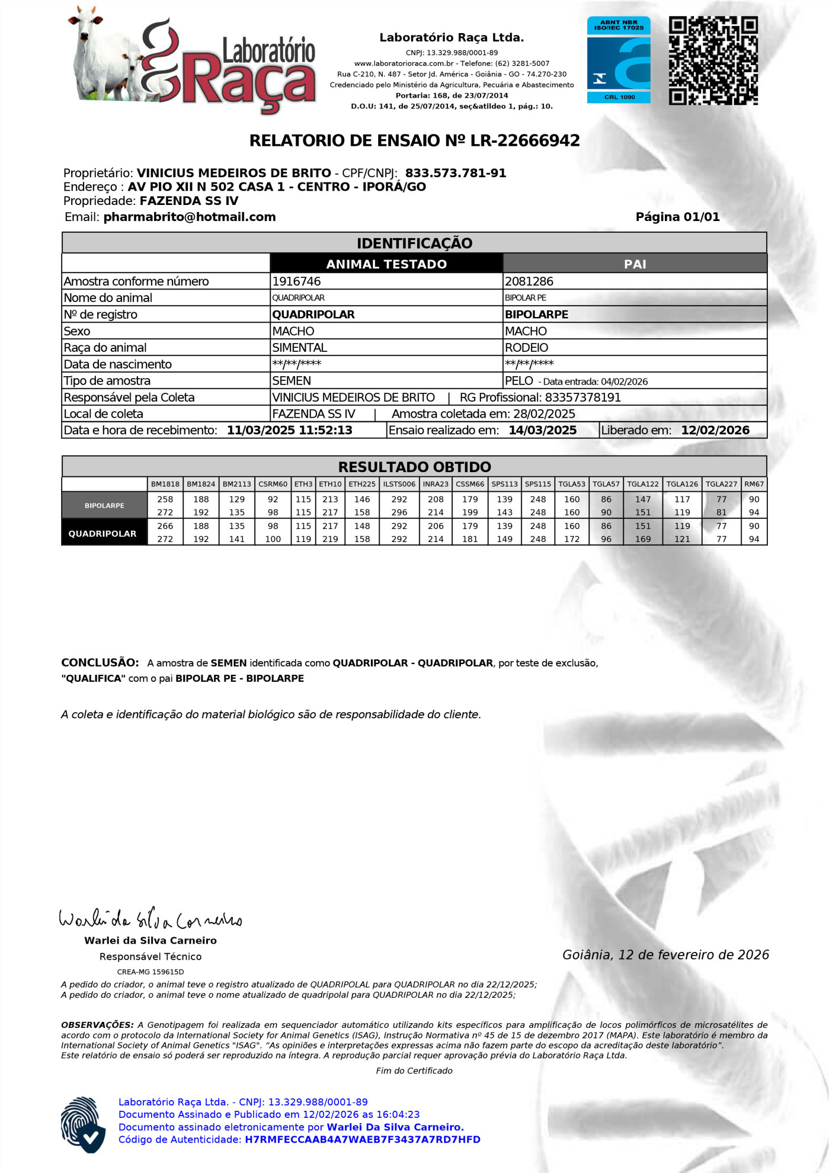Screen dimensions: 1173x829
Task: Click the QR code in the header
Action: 713,60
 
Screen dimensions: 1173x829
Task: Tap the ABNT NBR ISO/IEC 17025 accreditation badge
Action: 619,60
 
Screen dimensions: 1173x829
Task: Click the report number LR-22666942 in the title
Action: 525,140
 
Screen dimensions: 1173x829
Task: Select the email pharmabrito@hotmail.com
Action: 190,217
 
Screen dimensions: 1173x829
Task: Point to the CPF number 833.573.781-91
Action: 456,173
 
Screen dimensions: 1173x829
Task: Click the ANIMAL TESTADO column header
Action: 386,264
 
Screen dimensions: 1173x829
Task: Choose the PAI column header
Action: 635,264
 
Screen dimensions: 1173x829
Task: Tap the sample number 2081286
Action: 529,281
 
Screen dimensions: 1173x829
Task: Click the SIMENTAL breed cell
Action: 300,348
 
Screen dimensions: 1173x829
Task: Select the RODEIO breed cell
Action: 527,348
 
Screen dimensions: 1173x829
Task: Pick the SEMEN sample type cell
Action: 292,381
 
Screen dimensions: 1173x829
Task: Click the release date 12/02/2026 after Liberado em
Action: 715,431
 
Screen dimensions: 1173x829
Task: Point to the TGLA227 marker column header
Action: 721,484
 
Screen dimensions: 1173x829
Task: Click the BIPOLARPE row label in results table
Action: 104,506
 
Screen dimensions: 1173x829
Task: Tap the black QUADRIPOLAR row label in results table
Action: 103,533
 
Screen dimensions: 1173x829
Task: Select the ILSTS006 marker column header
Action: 399,484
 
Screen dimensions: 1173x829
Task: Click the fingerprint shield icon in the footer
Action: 83,1124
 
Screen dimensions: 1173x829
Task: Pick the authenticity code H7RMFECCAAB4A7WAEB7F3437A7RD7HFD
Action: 362,1139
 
